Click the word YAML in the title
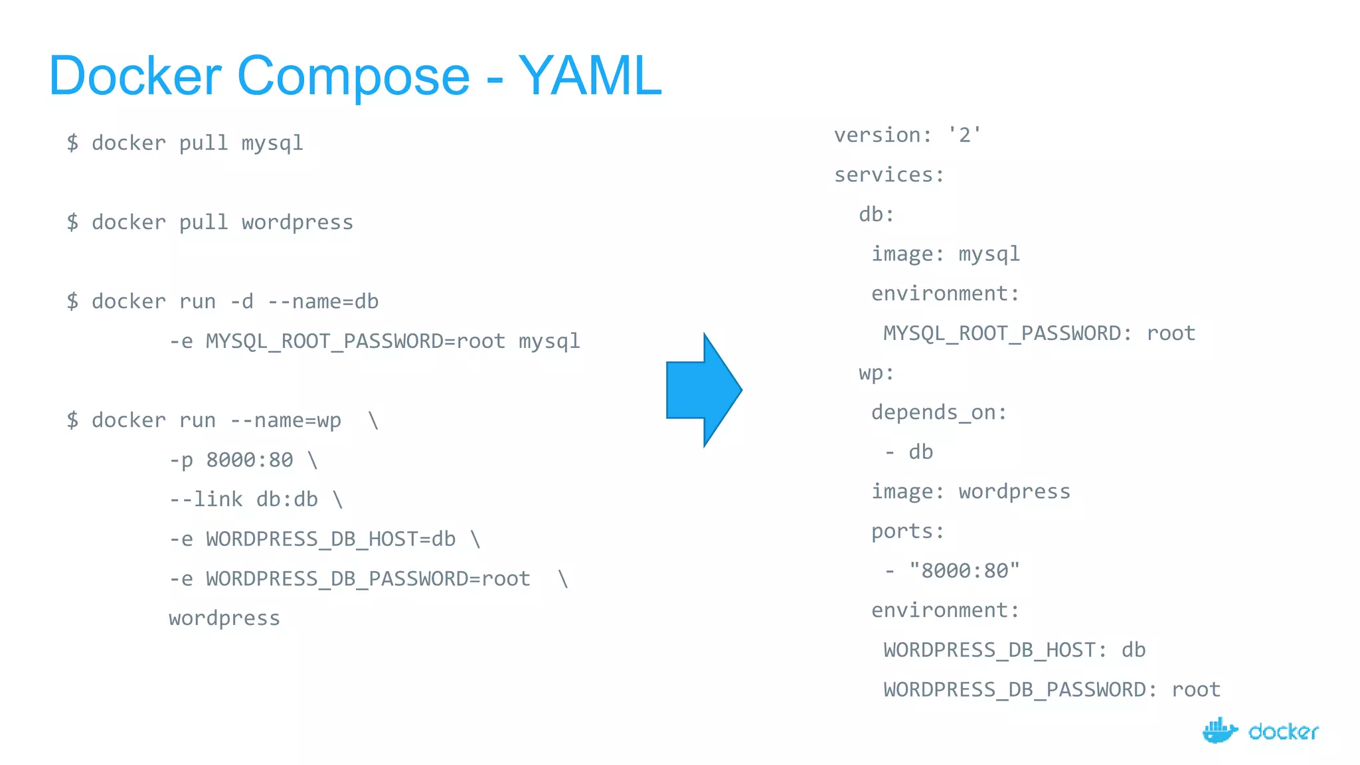tap(590, 76)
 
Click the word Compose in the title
tap(353, 76)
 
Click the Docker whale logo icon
tap(1219, 731)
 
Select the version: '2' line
tap(907, 135)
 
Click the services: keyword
tap(889, 175)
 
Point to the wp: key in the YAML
tap(876, 373)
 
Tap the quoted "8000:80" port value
tap(964, 571)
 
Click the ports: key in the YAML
tap(907, 532)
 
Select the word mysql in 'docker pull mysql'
tap(272, 143)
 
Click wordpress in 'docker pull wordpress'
tap(297, 222)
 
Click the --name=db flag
tap(323, 302)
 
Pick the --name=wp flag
tap(286, 421)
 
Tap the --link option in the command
tap(206, 499)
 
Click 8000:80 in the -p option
tap(249, 460)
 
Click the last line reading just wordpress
tap(224, 618)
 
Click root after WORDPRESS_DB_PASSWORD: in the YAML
tap(1195, 690)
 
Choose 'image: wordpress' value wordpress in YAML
tap(1014, 492)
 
